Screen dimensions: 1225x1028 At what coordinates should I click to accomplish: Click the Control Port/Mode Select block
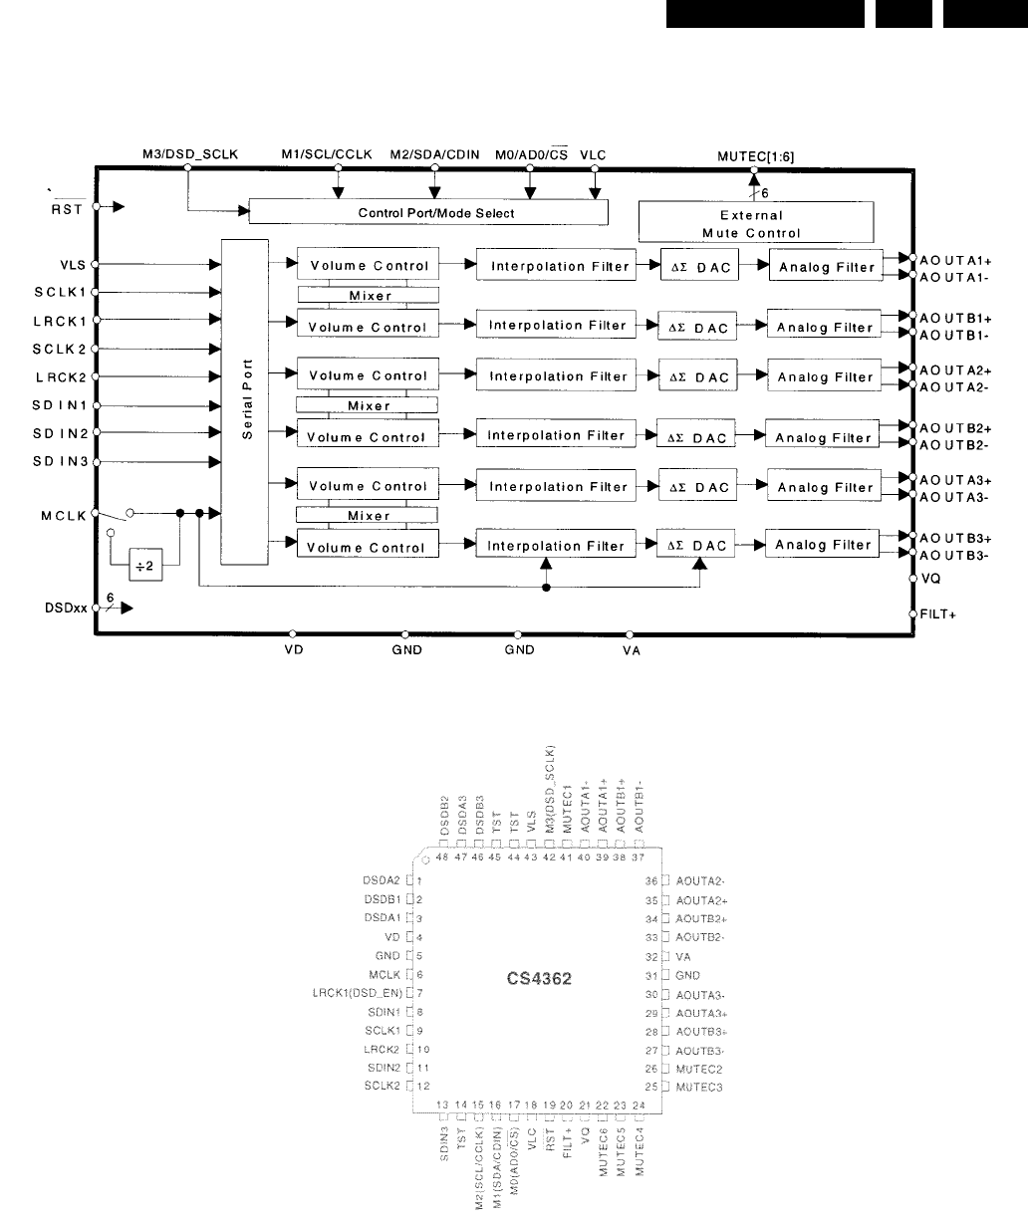427,212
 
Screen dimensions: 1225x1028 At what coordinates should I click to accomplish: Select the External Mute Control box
755,223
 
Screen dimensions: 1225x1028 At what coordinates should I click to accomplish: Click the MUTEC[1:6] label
756,155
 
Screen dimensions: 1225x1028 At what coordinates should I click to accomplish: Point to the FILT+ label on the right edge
938,614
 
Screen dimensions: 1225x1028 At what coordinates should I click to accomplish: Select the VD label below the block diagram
292,649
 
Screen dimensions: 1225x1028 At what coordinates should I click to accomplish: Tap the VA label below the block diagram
630,649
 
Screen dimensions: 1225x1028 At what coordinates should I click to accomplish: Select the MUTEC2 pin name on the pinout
697,1068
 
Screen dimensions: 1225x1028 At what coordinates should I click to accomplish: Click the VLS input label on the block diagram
73,265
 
